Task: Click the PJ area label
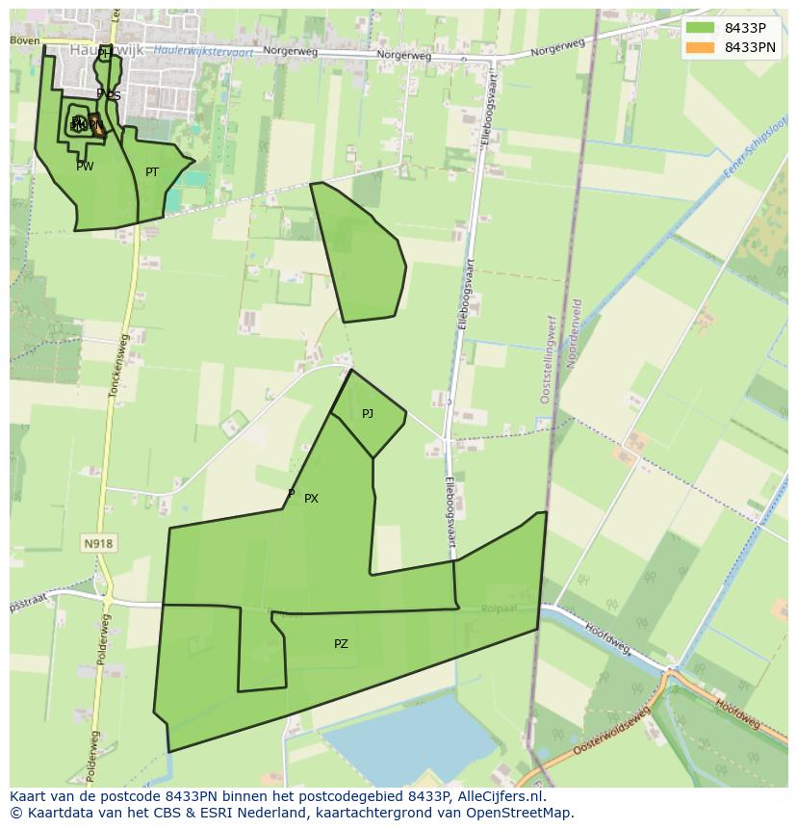pyautogui.click(x=367, y=414)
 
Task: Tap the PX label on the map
pyautogui.click(x=311, y=499)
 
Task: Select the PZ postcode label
pyautogui.click(x=341, y=644)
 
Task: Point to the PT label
pyautogui.click(x=152, y=172)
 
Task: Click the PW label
pyautogui.click(x=85, y=167)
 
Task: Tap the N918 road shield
pyautogui.click(x=98, y=544)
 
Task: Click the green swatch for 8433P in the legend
pyautogui.click(x=700, y=28)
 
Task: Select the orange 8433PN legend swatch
pyautogui.click(x=700, y=47)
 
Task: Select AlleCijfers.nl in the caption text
pyautogui.click(x=498, y=796)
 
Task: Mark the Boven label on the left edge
pyautogui.click(x=25, y=40)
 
